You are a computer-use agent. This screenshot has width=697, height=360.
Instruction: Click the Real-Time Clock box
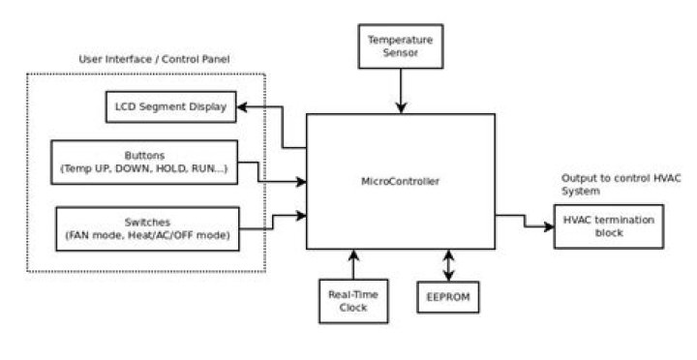[x=353, y=300]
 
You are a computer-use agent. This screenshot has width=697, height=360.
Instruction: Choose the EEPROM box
[x=447, y=296]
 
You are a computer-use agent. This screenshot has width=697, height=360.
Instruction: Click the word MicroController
[x=400, y=181]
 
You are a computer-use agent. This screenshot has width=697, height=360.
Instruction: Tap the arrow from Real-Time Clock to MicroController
[x=353, y=263]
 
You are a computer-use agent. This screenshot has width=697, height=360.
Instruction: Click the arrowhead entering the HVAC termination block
[x=547, y=226]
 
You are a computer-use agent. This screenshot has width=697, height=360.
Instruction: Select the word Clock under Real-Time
[x=353, y=309]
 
